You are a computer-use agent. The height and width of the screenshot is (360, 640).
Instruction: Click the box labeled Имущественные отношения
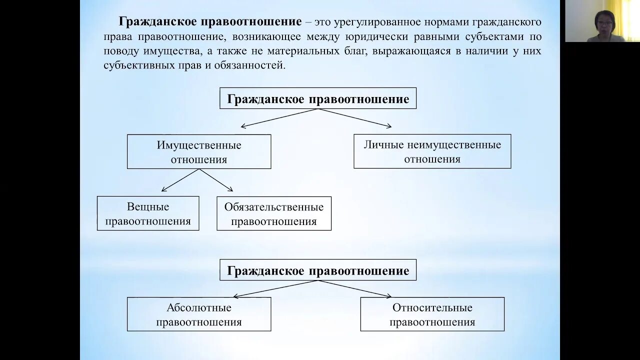(x=199, y=152)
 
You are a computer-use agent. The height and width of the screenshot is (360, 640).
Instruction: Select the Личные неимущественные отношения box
(x=432, y=151)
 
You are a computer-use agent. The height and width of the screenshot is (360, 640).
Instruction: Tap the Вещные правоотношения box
(x=148, y=213)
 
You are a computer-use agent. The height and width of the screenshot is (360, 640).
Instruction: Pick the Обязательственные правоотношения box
(x=274, y=213)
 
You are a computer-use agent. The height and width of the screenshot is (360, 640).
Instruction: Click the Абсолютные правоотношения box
(x=199, y=314)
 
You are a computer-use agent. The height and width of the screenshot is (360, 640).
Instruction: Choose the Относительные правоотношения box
(x=432, y=314)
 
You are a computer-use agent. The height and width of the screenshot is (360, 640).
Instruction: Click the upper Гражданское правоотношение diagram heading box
(x=318, y=98)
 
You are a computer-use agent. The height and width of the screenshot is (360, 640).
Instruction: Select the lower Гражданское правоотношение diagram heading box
(x=318, y=270)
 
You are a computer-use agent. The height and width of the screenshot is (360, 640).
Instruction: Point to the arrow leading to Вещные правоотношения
(x=180, y=180)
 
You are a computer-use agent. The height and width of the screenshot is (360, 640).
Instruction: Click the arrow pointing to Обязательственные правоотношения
(x=216, y=180)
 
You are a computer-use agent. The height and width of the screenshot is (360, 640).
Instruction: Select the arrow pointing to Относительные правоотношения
(x=355, y=288)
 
